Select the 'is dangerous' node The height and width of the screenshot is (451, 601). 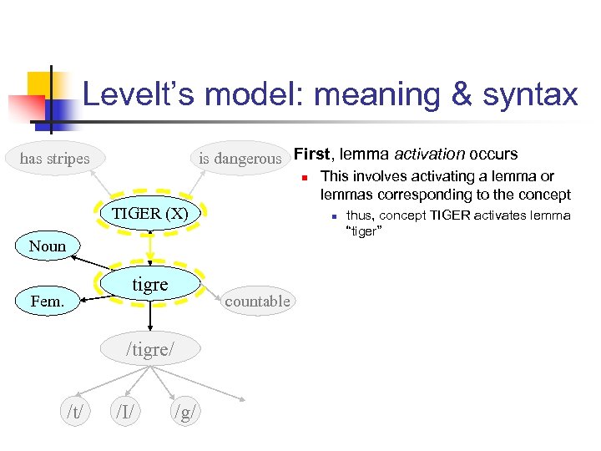[240, 158]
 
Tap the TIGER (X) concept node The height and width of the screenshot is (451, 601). [150, 213]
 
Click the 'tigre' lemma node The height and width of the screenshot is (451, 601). [150, 284]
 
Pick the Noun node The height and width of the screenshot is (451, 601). [48, 246]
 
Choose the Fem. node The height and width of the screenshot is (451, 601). [48, 301]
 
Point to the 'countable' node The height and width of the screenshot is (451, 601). [257, 301]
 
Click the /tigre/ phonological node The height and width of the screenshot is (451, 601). [150, 348]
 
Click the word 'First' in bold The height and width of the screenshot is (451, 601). [311, 154]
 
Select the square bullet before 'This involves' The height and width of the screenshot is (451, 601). [306, 177]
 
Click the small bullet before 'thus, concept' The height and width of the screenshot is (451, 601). [333, 216]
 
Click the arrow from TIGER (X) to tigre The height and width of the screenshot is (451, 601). [150, 247]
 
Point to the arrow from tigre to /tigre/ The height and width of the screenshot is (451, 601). [150, 317]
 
